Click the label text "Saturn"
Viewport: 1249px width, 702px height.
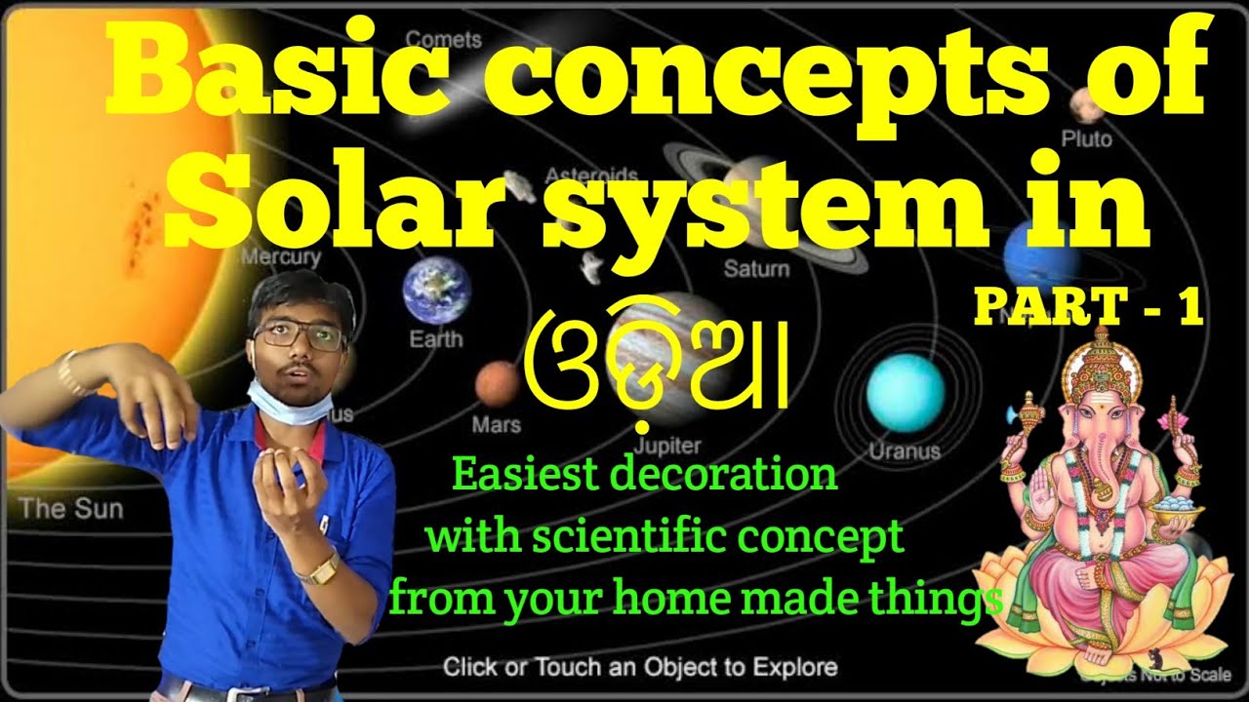756,268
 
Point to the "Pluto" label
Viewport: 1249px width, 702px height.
1086,139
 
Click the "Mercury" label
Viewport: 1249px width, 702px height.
281,257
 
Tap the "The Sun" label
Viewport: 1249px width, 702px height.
71,508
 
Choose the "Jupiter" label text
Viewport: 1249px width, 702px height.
667,446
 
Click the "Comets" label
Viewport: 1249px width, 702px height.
443,40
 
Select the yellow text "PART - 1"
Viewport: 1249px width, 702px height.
1086,308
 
